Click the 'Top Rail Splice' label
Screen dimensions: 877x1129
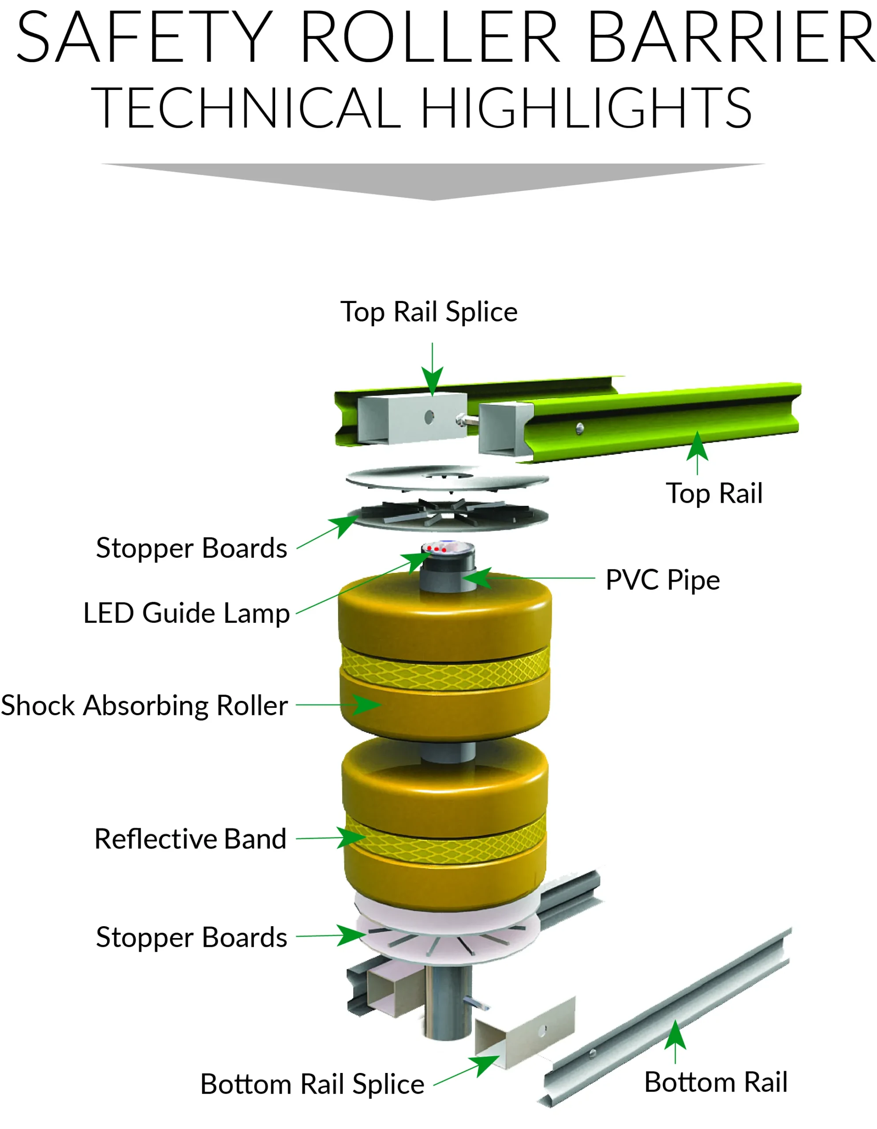point(429,312)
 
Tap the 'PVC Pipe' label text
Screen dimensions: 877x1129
point(663,580)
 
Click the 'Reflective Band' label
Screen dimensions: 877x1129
point(190,839)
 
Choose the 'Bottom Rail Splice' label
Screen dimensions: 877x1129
point(312,1084)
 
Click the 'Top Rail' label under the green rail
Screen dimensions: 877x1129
point(714,493)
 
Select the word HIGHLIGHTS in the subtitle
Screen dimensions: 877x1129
point(586,108)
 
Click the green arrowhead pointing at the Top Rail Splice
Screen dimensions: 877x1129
point(432,381)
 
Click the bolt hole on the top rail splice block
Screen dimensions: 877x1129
point(429,417)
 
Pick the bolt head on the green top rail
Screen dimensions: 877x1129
point(579,428)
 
